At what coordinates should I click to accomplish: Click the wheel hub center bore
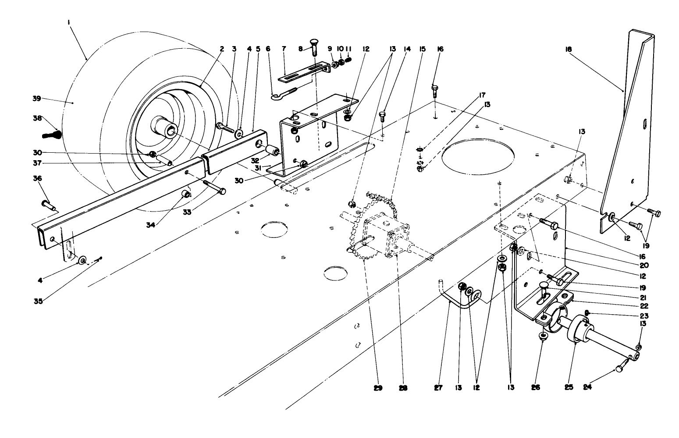click(x=171, y=129)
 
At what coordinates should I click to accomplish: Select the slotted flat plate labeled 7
click(x=302, y=73)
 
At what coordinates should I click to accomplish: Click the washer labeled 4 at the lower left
click(x=82, y=261)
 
